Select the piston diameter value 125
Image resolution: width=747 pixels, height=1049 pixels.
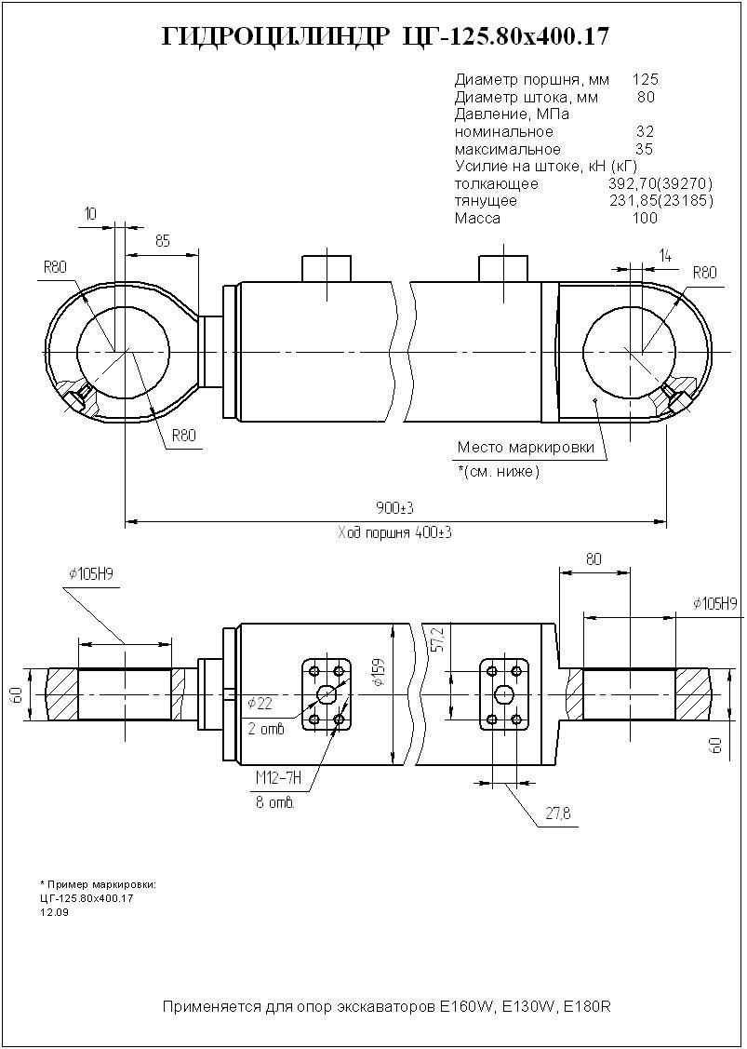(645, 80)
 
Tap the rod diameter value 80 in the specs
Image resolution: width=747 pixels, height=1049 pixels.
(647, 97)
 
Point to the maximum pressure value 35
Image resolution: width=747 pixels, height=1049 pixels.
(644, 149)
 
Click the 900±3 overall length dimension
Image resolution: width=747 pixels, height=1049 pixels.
(394, 507)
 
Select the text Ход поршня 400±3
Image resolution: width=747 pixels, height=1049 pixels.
(394, 533)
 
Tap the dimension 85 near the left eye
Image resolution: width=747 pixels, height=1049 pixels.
(163, 241)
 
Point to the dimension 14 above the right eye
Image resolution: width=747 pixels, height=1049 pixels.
(664, 254)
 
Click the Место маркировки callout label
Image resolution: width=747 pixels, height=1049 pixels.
(525, 448)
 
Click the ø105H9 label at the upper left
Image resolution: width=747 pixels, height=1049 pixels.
(90, 574)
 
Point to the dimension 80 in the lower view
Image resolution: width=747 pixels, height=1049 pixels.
(594, 559)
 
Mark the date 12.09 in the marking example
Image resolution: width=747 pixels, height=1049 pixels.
(53, 912)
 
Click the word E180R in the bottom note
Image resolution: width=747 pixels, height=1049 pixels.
(587, 1007)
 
